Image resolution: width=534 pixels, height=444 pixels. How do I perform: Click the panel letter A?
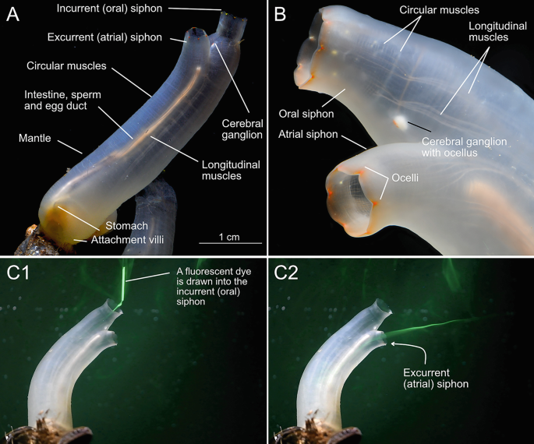(13, 16)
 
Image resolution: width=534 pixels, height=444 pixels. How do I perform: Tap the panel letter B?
(281, 16)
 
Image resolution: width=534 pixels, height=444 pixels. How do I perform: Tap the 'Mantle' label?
(37, 139)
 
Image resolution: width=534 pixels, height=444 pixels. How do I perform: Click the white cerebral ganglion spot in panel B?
(400, 121)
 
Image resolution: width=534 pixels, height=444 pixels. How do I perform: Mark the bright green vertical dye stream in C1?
(123, 288)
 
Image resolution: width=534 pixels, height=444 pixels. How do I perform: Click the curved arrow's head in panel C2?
(391, 341)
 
